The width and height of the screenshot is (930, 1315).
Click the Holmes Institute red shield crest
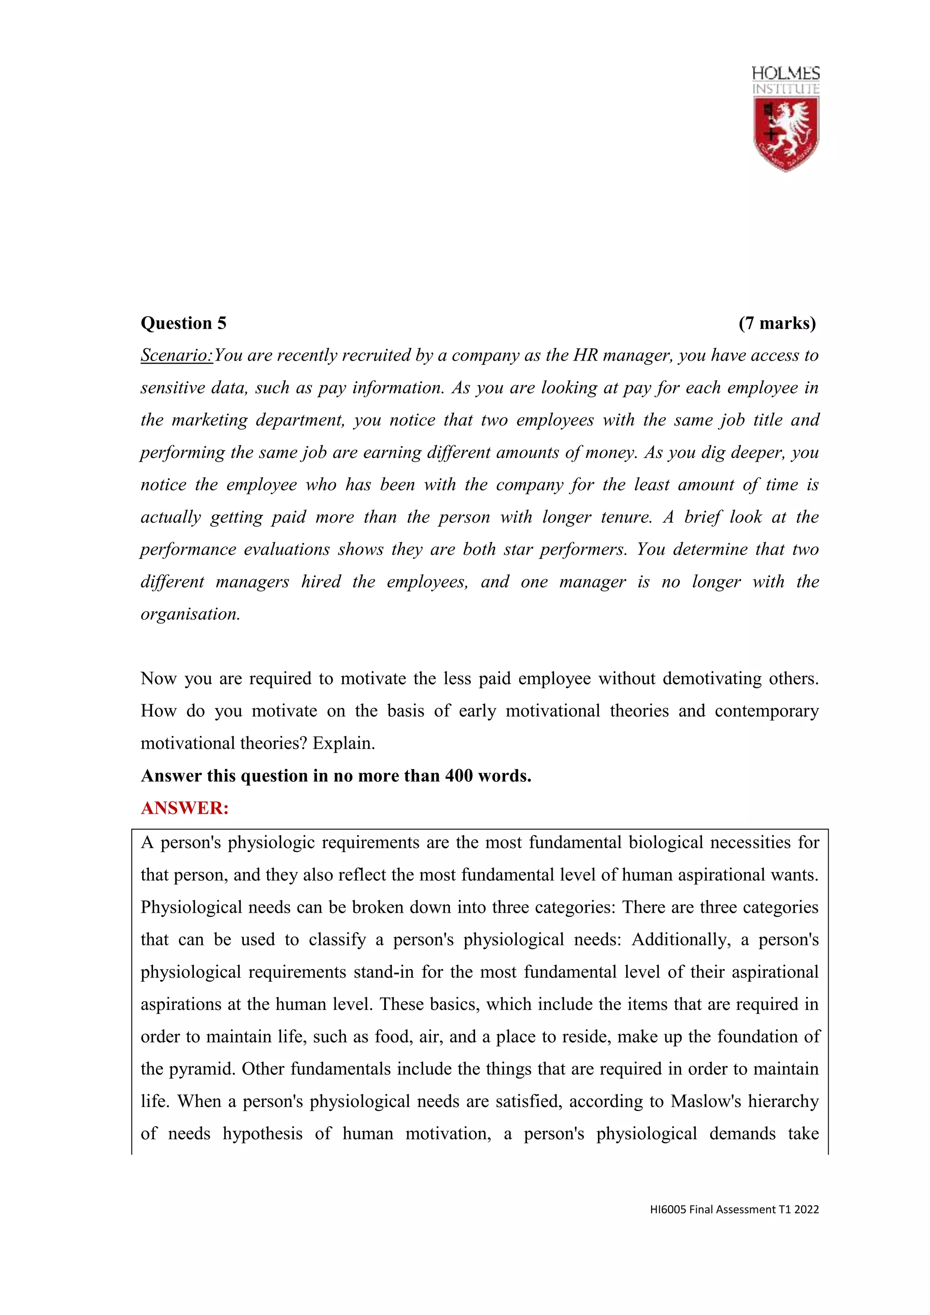pos(786,133)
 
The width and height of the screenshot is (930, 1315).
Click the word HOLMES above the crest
pos(785,73)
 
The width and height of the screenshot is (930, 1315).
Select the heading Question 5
pos(183,324)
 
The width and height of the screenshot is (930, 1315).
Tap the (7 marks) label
pos(777,324)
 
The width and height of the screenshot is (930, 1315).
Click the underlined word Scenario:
pos(176,356)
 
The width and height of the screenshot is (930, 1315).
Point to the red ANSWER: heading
pos(184,808)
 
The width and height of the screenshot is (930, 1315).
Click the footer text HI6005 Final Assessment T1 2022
pos(734,1210)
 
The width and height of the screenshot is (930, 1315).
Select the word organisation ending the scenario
pos(189,614)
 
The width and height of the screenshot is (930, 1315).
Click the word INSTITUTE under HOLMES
pos(785,89)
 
